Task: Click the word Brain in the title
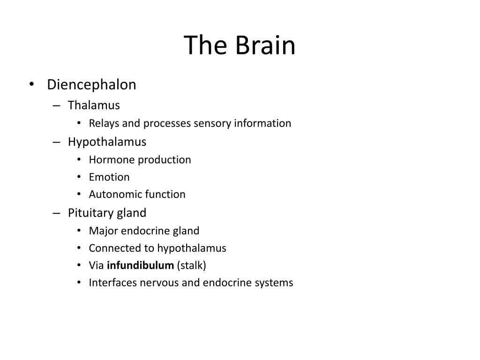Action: click(x=265, y=46)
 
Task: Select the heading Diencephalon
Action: click(x=91, y=85)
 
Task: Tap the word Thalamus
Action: click(x=94, y=105)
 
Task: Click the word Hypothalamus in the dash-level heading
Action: click(x=107, y=142)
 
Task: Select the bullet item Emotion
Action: click(x=109, y=177)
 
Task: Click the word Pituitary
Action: click(x=87, y=213)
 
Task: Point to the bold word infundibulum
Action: click(x=140, y=265)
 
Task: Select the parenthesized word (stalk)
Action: click(x=191, y=265)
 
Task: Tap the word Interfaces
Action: click(x=112, y=283)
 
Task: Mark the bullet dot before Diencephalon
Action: click(x=31, y=85)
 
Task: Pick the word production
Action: click(x=165, y=160)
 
